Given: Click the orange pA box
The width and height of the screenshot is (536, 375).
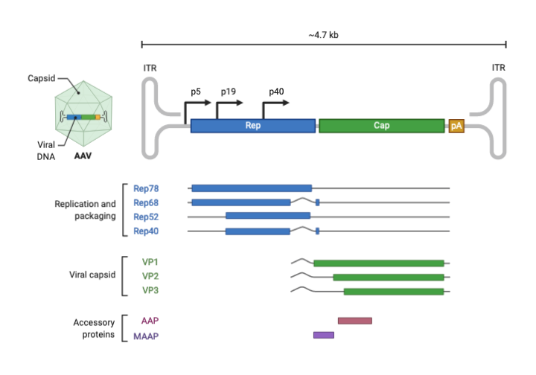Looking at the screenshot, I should (x=456, y=126).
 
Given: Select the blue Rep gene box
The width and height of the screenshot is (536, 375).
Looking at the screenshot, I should (x=252, y=126).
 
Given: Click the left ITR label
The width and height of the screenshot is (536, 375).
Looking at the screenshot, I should (x=149, y=68).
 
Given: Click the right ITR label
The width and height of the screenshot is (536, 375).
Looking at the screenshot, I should (x=498, y=68).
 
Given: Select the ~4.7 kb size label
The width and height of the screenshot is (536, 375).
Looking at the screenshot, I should (x=323, y=34).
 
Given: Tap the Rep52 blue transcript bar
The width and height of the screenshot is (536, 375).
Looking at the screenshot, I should (x=267, y=216).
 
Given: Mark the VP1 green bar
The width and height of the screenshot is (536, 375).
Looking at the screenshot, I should (x=378, y=263).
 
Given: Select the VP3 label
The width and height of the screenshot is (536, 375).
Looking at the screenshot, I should (x=150, y=290).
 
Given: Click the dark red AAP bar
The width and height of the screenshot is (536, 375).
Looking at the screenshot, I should (x=354, y=321).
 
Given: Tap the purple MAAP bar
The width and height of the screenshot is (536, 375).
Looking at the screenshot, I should (x=323, y=336).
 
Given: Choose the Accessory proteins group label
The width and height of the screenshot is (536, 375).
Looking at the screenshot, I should (x=93, y=328).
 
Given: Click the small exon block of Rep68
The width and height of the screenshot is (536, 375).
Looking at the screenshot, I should (x=317, y=202).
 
